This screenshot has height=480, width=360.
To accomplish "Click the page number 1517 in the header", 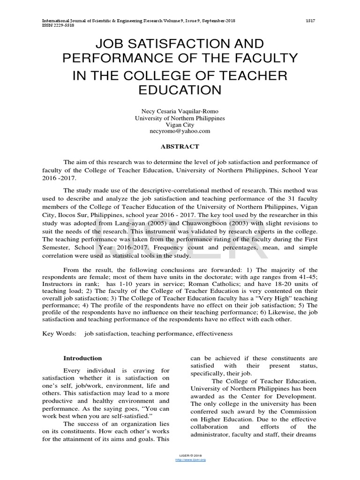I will click(310, 21).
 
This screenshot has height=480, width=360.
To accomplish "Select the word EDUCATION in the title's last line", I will click(180, 90).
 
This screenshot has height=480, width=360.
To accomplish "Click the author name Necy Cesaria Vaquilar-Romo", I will click(180, 111).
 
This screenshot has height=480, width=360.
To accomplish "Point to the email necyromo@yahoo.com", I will click(180, 131).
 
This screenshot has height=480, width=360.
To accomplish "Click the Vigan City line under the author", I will click(180, 125).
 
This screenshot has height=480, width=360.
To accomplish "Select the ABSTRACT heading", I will click(180, 146).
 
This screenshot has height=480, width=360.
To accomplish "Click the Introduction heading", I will click(82, 358).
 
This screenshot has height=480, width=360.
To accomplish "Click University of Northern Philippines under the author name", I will click(180, 118).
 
